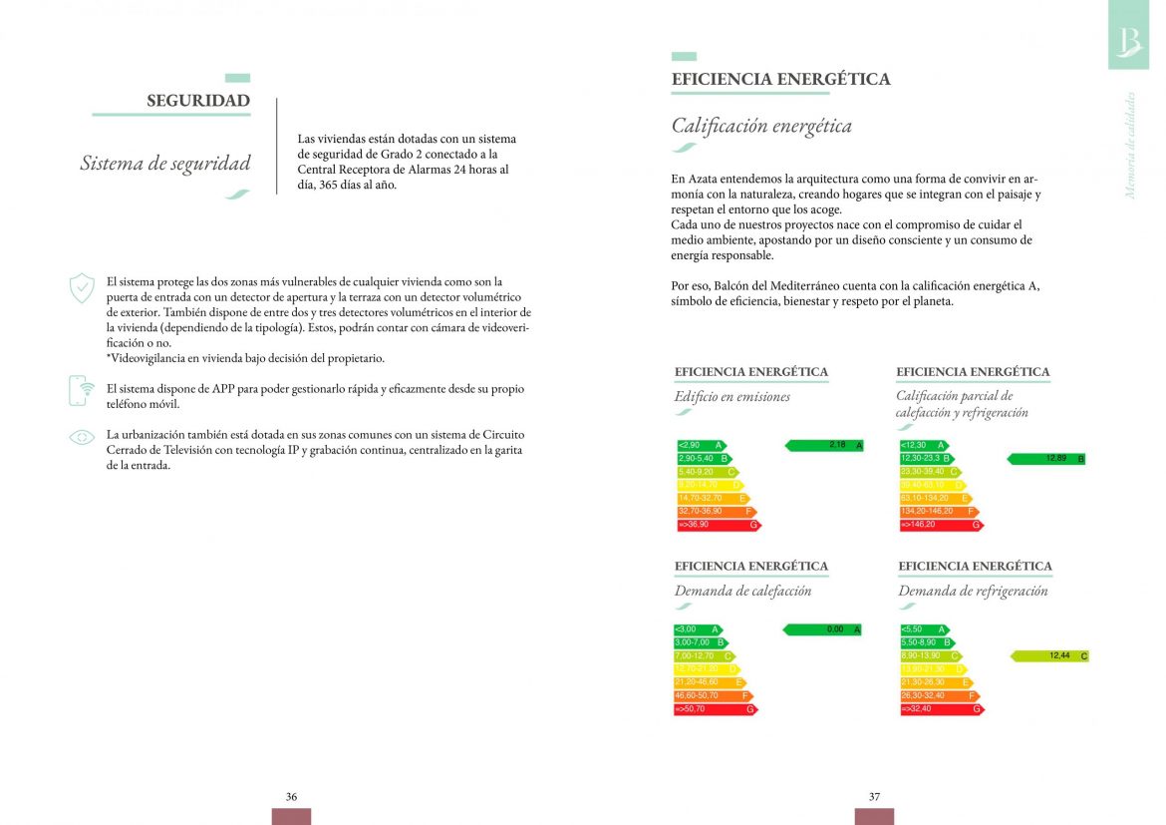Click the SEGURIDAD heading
click(197, 101)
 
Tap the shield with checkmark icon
click(82, 288)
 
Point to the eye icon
click(82, 437)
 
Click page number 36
click(291, 797)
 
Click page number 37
click(874, 797)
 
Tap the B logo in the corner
click(1129, 40)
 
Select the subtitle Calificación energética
click(761, 127)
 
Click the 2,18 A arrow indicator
click(824, 445)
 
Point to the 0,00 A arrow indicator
click(822, 629)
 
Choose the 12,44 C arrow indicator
click(1049, 656)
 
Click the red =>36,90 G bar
click(718, 525)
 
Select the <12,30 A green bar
click(922, 445)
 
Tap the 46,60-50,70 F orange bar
click(714, 696)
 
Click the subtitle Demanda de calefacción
click(742, 592)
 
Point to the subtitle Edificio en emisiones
click(731, 397)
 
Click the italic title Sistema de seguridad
click(165, 164)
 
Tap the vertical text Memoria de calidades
click(1130, 146)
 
